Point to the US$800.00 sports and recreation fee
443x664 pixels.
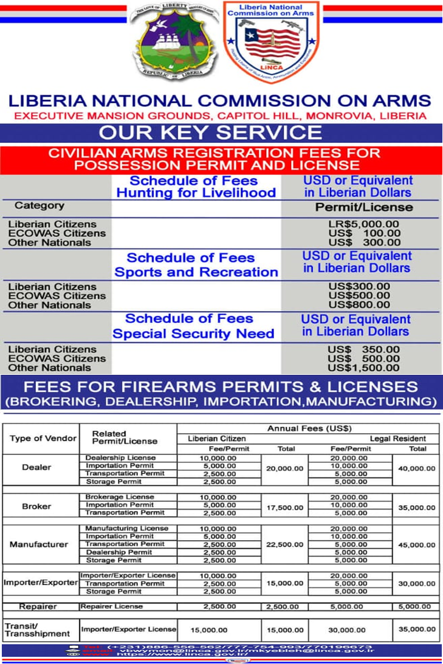364,305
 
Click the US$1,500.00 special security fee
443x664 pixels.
364,368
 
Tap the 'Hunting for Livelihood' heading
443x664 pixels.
196,193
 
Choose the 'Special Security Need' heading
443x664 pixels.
193,334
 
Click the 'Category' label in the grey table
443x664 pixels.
39,206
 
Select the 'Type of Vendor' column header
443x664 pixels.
43,439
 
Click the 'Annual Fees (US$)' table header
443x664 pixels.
309,429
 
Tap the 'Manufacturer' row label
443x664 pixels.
39,544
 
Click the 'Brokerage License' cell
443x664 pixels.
120,497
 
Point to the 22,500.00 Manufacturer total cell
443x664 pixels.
286,545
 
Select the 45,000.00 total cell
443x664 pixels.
417,545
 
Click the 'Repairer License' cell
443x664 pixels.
112,606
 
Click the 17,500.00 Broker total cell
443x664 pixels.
286,506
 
